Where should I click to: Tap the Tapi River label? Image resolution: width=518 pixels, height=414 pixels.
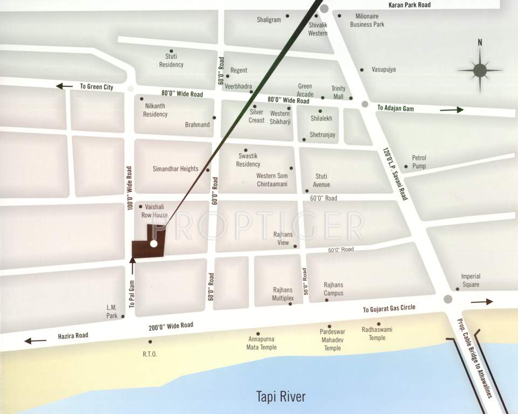click(x=281, y=397)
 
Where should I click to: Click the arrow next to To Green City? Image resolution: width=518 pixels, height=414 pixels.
click(x=64, y=86)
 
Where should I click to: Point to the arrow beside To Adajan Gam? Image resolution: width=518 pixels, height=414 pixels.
click(x=452, y=109)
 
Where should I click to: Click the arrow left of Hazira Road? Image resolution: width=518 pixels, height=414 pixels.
click(x=35, y=340)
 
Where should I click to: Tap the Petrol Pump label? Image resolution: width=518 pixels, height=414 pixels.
click(x=419, y=162)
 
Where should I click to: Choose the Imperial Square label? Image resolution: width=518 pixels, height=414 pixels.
click(x=470, y=280)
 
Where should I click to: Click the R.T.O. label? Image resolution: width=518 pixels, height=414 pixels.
click(x=149, y=354)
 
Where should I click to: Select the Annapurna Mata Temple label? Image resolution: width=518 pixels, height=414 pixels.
click(x=261, y=343)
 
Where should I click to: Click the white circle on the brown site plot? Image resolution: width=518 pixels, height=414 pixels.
click(x=154, y=244)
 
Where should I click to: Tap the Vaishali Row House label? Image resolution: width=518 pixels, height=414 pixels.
click(x=155, y=211)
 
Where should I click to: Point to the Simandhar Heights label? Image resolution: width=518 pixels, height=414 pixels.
click(x=175, y=169)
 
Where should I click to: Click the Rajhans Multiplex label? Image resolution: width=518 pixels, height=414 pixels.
click(x=283, y=293)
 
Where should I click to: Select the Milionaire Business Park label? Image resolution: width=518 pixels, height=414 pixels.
click(x=367, y=20)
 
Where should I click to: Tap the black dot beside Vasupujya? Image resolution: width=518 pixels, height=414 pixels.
click(x=362, y=70)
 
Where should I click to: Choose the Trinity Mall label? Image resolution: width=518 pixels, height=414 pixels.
click(x=338, y=92)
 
